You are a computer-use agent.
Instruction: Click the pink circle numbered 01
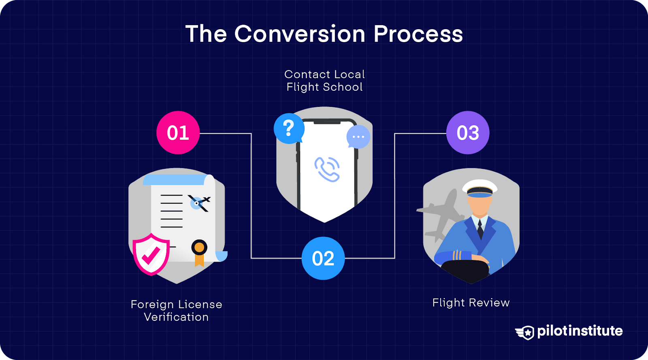pyautogui.click(x=178, y=133)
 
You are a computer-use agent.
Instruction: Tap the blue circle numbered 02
pyautogui.click(x=323, y=258)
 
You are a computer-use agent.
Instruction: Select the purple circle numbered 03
pyautogui.click(x=468, y=133)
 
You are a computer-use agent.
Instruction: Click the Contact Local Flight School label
pyautogui.click(x=324, y=81)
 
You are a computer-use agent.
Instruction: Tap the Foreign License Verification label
pyautogui.click(x=176, y=311)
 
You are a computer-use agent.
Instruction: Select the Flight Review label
pyautogui.click(x=471, y=302)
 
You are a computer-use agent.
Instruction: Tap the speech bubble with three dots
pyautogui.click(x=358, y=137)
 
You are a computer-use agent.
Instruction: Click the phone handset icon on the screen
pyautogui.click(x=327, y=169)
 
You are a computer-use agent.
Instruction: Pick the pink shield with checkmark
pyautogui.click(x=151, y=254)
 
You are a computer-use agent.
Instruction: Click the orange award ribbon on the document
pyautogui.click(x=199, y=252)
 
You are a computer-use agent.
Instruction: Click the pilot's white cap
pyautogui.click(x=480, y=187)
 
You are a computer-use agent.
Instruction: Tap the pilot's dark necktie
pyautogui.click(x=480, y=229)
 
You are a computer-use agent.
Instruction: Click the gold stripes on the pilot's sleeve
pyautogui.click(x=457, y=255)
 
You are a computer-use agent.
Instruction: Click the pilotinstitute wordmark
pyautogui.click(x=580, y=331)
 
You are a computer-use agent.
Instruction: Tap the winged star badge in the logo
pyautogui.click(x=525, y=332)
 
